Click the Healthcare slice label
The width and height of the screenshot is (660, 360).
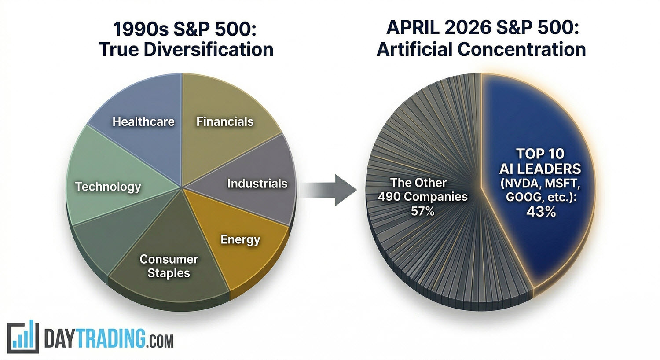pyautogui.click(x=143, y=121)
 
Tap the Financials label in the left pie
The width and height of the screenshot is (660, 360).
pyautogui.click(x=225, y=121)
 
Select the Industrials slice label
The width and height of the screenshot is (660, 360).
pyautogui.click(x=257, y=184)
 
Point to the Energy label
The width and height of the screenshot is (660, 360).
pyautogui.click(x=240, y=240)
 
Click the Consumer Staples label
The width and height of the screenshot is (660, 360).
pyautogui.click(x=169, y=266)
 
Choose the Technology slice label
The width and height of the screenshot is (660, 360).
pyautogui.click(x=108, y=187)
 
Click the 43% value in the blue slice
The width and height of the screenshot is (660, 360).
pyautogui.click(x=541, y=211)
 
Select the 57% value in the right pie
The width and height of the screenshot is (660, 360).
pyautogui.click(x=422, y=211)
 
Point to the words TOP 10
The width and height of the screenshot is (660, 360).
pyautogui.click(x=540, y=154)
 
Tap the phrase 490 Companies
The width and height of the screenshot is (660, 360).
pyautogui.click(x=423, y=196)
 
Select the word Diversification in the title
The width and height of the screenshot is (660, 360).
pyautogui.click(x=209, y=49)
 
